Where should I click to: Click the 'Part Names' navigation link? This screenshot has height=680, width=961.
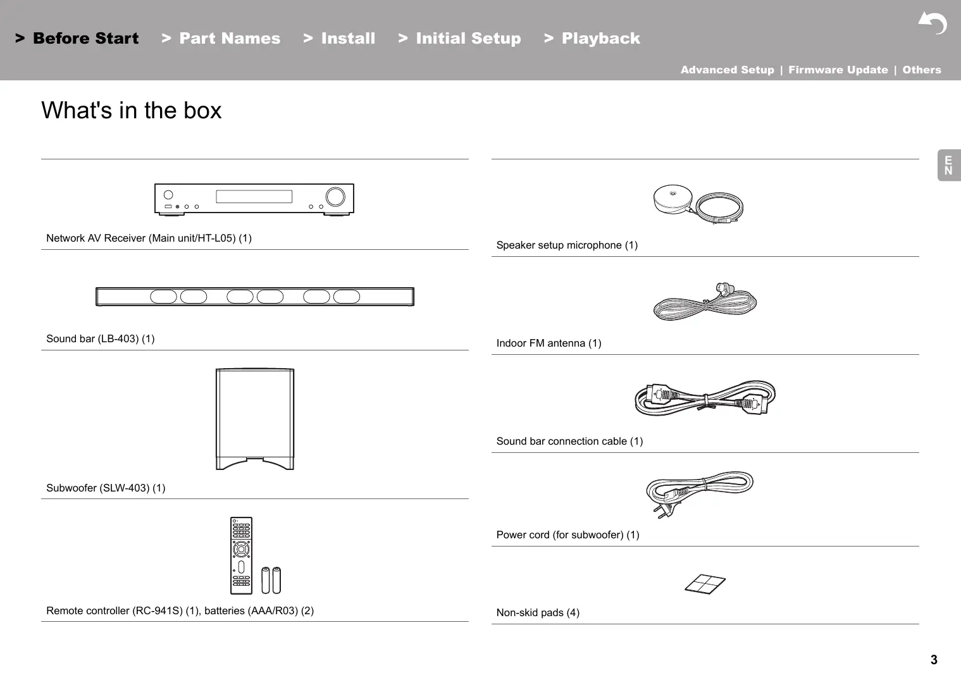(x=229, y=39)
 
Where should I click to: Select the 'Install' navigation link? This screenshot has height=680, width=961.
(x=347, y=39)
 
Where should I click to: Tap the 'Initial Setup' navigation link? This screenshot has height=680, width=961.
(x=468, y=39)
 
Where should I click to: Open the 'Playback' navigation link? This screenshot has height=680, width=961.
(x=600, y=39)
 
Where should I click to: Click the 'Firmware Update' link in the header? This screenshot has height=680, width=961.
(x=838, y=70)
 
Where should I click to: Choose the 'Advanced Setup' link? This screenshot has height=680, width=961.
(x=727, y=70)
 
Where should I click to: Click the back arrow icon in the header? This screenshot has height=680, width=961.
(x=933, y=23)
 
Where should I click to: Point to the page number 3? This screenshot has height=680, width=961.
(x=934, y=660)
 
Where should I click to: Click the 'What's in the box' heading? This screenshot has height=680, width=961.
(x=132, y=111)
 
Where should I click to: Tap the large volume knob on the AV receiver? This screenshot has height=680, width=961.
(x=335, y=196)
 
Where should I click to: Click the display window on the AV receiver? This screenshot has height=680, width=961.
(x=254, y=197)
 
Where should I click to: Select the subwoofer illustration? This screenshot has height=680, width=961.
(x=255, y=418)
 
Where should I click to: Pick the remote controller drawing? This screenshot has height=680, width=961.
(x=241, y=555)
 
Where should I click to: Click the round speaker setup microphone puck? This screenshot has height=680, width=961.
(x=674, y=199)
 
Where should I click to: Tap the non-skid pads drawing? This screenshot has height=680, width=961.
(x=705, y=584)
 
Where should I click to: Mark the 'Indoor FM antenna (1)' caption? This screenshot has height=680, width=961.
(x=549, y=343)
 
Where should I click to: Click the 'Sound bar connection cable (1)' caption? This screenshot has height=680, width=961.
(x=569, y=442)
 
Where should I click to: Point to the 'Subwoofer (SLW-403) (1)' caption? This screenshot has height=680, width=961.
(x=106, y=488)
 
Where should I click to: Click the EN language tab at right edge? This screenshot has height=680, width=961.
(x=948, y=166)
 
